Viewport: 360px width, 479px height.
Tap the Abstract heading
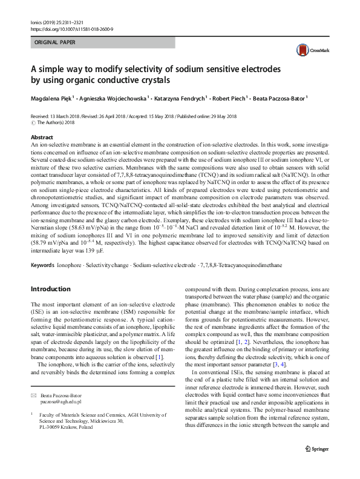coord(41,137)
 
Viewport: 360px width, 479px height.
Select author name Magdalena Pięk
coord(51,98)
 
